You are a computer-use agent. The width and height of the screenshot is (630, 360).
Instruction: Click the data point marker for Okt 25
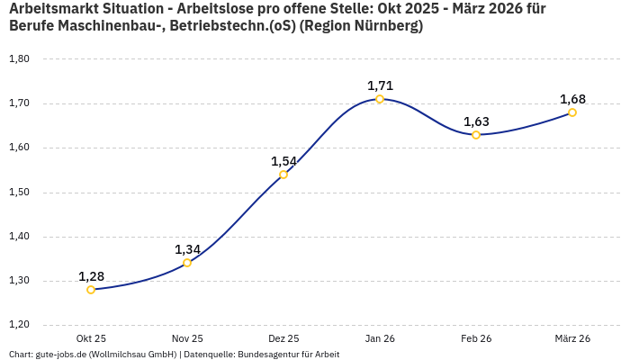(x=91, y=290)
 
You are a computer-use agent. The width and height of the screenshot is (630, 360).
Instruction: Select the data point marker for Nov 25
(x=187, y=263)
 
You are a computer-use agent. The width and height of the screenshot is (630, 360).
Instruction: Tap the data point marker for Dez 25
(x=283, y=175)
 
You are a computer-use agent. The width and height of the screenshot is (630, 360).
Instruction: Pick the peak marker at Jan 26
(x=380, y=99)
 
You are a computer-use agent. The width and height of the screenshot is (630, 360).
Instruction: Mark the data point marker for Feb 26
(x=476, y=135)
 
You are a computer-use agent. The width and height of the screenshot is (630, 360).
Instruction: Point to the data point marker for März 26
(x=572, y=112)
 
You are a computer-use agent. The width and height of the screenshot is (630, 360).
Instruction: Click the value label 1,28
(x=91, y=275)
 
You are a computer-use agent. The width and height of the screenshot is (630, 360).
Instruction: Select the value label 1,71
(x=380, y=85)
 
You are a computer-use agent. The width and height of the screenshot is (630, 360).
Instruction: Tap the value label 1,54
(x=283, y=161)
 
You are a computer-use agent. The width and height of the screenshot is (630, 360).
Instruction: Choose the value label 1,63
(x=476, y=121)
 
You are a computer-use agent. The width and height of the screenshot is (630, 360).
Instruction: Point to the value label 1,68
(x=572, y=99)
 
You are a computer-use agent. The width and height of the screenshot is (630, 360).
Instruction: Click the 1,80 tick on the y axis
(x=19, y=59)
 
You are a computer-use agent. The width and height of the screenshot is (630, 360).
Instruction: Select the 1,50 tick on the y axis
(x=19, y=193)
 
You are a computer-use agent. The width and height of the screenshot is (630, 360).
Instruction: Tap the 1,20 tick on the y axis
(x=19, y=325)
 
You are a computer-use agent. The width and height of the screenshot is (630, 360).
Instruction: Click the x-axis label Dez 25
(x=283, y=338)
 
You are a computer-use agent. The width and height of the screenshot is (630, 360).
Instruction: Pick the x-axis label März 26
(x=572, y=338)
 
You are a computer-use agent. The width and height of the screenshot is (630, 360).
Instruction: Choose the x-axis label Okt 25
(x=91, y=338)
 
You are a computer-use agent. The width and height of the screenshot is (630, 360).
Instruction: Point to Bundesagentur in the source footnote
(x=267, y=355)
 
